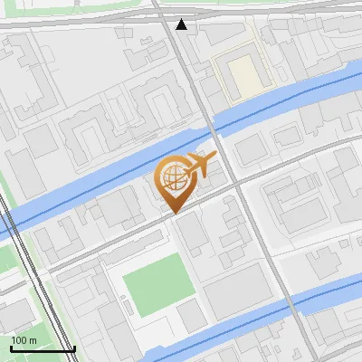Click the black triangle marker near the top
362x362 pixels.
coord(182,24)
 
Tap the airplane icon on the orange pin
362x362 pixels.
coord(201,165)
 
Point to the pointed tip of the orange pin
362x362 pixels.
coord(172,212)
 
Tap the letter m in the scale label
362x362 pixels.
coord(33,339)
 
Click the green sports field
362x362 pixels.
coord(158,283)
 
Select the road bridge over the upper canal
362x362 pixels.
coord(211,127)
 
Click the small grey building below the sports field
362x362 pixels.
coord(191,316)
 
